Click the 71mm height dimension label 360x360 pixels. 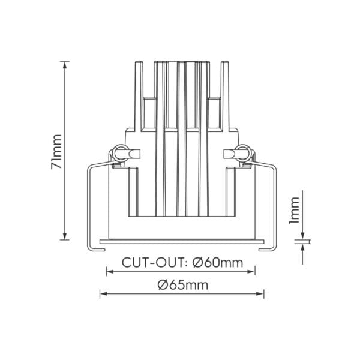pos(56,152)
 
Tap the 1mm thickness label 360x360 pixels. pos(294,211)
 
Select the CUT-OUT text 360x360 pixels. pos(152,263)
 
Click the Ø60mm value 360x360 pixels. pos(218,263)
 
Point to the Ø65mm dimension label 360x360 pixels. pos(183,285)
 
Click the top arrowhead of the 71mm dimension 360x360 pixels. pos(65,65)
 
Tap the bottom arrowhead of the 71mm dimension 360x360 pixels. pos(65,236)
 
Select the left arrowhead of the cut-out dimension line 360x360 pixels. pos(110,272)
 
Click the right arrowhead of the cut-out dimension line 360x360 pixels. pos(251,272)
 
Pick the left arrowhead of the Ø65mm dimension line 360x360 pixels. pos(104,293)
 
